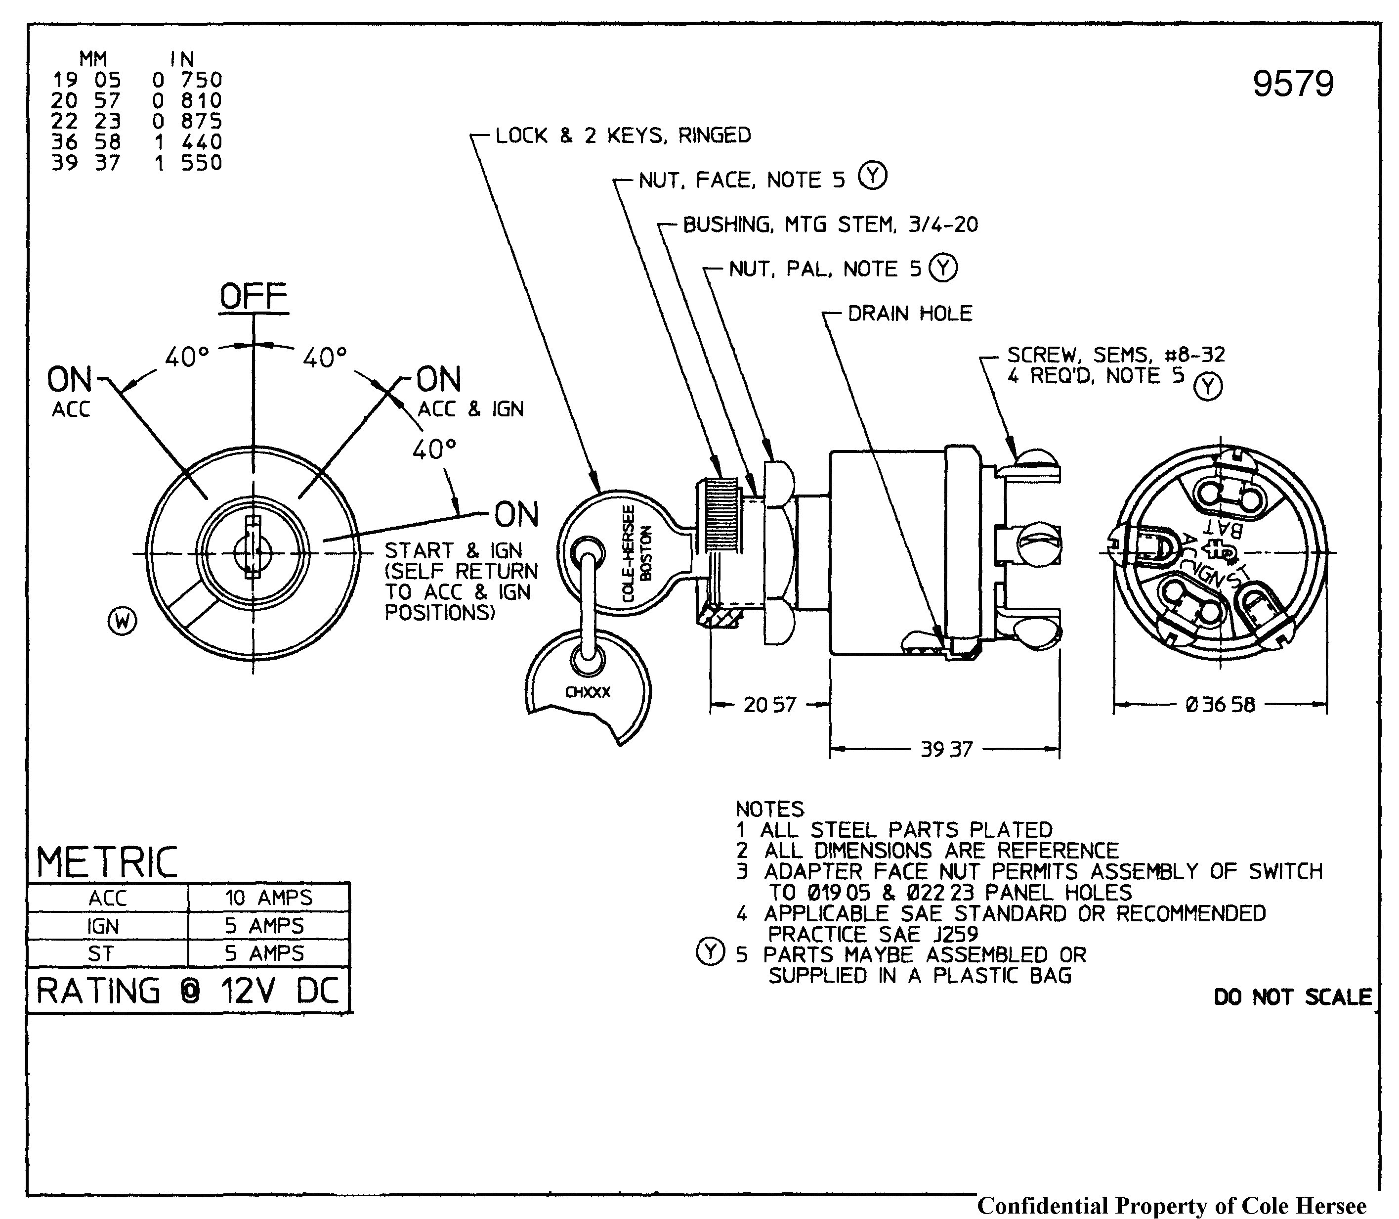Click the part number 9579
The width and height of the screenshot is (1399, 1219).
(1292, 85)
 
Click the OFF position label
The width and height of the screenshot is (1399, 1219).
(254, 297)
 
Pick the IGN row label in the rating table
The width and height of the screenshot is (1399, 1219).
(103, 926)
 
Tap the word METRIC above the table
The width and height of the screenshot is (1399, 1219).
(107, 862)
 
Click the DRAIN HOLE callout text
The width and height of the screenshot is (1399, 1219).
(910, 314)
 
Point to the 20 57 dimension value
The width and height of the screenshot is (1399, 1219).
(769, 705)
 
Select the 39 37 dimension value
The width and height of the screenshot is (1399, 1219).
(946, 750)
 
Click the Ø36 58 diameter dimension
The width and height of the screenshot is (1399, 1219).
(1220, 705)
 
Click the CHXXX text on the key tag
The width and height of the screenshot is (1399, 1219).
(588, 692)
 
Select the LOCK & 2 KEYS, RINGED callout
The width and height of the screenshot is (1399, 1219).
(623, 135)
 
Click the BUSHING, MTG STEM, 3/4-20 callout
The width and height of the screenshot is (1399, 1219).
(830, 225)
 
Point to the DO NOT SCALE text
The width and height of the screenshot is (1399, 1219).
(1292, 997)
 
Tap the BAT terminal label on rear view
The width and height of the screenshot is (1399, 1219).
(1224, 527)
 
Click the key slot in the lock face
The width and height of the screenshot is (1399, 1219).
(252, 547)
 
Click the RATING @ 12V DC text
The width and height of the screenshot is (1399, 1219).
(188, 991)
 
